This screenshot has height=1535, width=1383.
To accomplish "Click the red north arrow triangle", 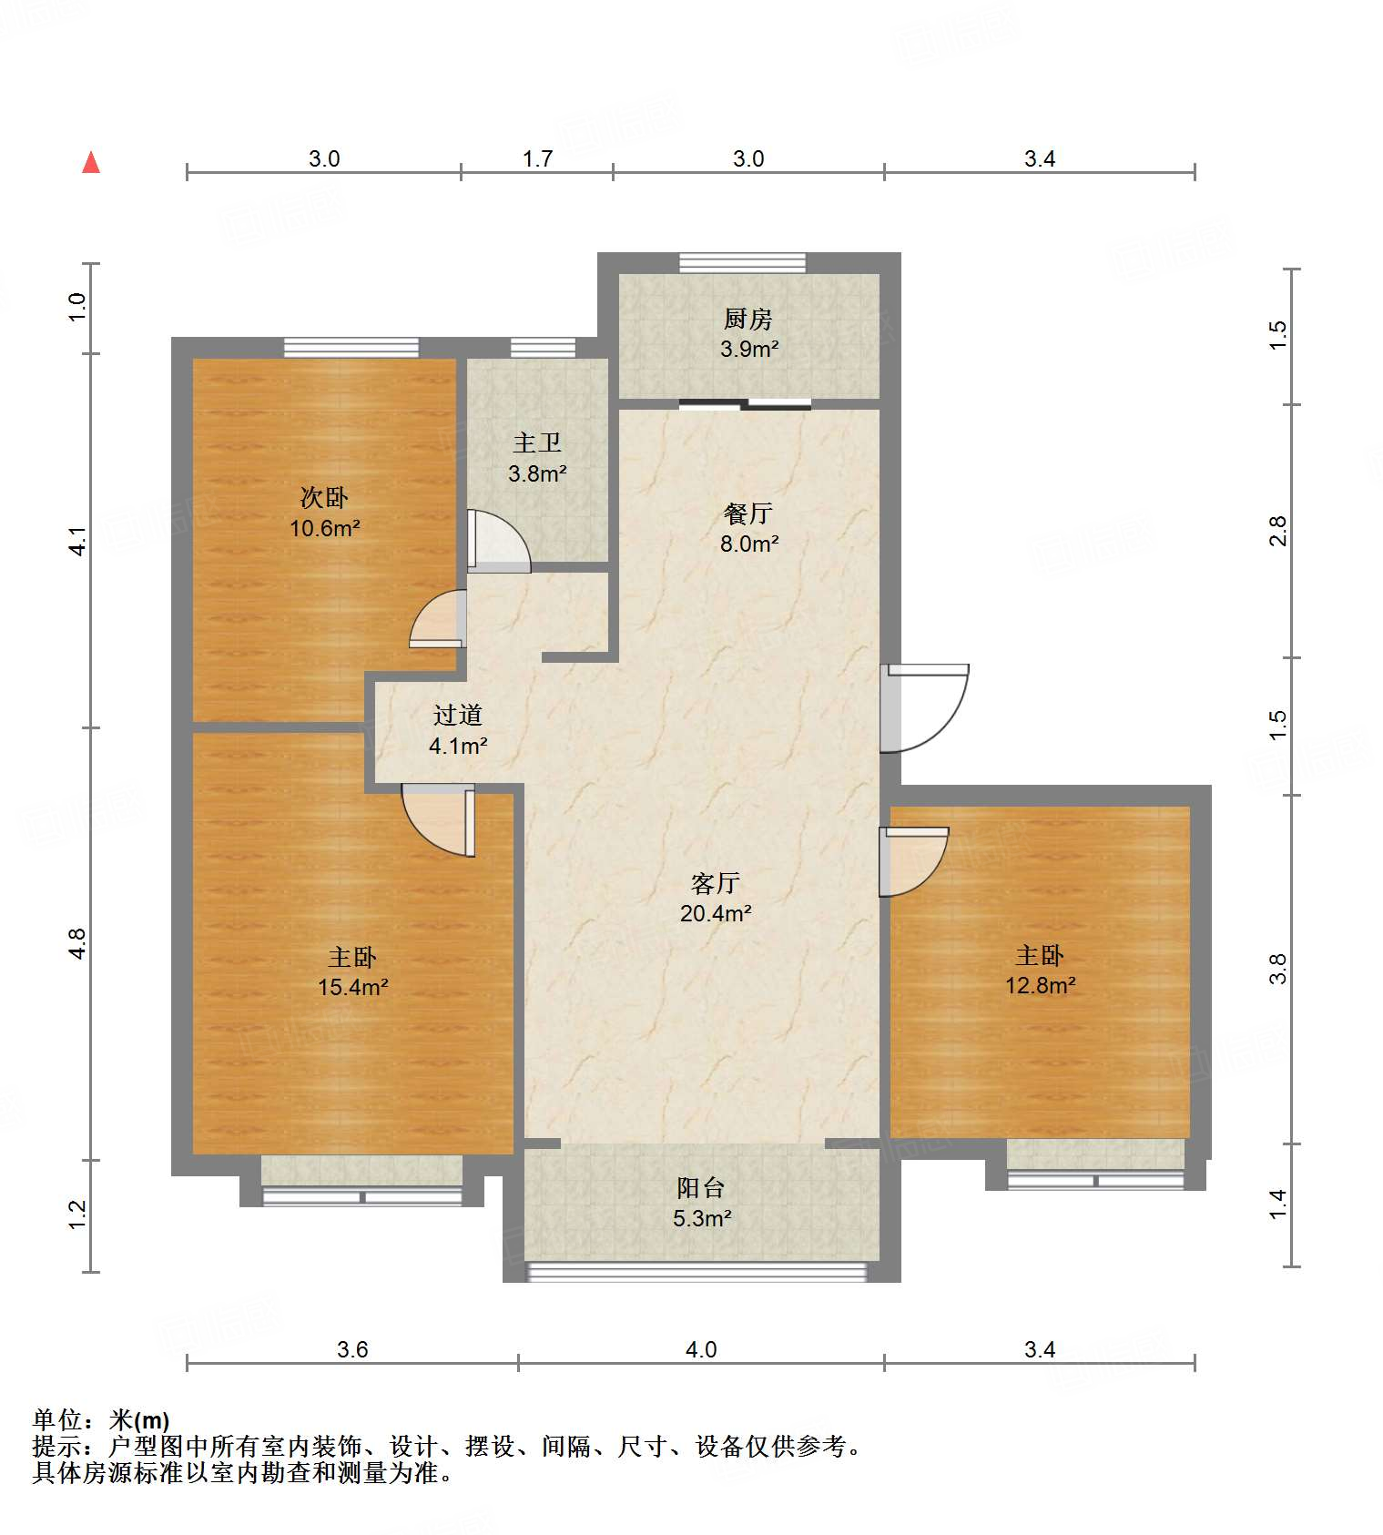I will (x=91, y=163).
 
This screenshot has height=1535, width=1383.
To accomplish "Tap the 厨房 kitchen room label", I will (x=748, y=319).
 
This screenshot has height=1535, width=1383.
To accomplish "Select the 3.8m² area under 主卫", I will (x=537, y=473).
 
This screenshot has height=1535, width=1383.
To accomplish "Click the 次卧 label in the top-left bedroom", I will (x=324, y=497).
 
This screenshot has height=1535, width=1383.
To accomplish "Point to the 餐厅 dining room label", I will (x=747, y=513).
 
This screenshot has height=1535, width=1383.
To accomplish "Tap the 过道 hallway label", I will (x=457, y=715).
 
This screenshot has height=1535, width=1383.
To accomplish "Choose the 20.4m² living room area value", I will (x=716, y=913).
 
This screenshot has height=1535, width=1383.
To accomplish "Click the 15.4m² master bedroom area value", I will (x=352, y=987).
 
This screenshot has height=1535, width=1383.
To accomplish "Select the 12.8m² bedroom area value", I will (x=1040, y=985).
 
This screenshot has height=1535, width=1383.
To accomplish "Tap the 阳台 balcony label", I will (x=700, y=1187).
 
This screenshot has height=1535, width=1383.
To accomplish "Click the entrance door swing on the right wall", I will (x=924, y=708).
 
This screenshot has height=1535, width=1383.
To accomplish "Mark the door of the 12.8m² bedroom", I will (x=912, y=860).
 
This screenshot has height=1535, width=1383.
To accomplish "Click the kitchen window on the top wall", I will (x=742, y=263).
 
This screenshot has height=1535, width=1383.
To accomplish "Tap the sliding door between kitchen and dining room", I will (x=745, y=404).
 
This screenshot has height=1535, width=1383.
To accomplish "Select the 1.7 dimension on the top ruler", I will (x=537, y=158).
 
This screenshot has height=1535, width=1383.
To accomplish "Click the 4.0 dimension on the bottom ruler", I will (x=701, y=1349).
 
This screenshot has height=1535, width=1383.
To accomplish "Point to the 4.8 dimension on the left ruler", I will (x=77, y=943).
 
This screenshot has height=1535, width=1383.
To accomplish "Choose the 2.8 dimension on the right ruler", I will (x=1278, y=531).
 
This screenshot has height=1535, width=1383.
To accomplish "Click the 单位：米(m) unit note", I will (x=101, y=1419).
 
